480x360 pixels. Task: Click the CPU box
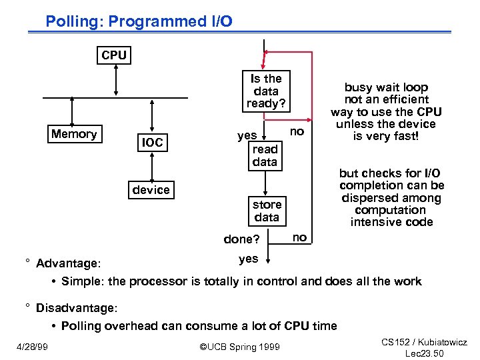pyautogui.click(x=114, y=55)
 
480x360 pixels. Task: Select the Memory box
pyautogui.click(x=74, y=134)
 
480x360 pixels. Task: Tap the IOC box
pyautogui.click(x=151, y=142)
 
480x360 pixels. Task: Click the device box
pyautogui.click(x=151, y=190)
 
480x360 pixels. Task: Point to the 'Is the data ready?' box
pyautogui.click(x=265, y=91)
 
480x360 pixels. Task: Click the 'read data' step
pyautogui.click(x=265, y=155)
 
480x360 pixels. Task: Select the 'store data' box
pyautogui.click(x=266, y=211)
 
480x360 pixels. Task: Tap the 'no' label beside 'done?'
pyautogui.click(x=300, y=237)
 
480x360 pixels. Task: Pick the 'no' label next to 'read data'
pyautogui.click(x=297, y=132)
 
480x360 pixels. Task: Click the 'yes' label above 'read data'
pyautogui.click(x=247, y=135)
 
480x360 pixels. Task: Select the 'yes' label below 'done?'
pyautogui.click(x=248, y=259)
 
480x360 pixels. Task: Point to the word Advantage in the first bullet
pyautogui.click(x=67, y=263)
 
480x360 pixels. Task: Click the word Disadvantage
pyautogui.click(x=76, y=307)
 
